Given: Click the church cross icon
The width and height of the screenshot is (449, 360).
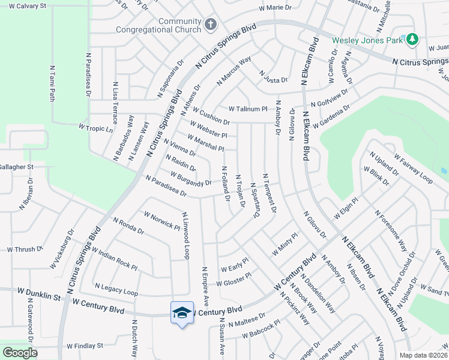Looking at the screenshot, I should pyautogui.click(x=210, y=25).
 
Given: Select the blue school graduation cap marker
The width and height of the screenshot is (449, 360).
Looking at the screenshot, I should pyautogui.click(x=182, y=313).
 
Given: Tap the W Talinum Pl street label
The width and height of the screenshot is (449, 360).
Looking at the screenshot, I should pyautogui.click(x=248, y=109).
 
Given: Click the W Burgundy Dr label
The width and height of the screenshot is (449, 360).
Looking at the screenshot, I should pyautogui.click(x=191, y=178).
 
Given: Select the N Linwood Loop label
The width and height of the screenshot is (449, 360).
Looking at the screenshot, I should pyautogui.click(x=185, y=236).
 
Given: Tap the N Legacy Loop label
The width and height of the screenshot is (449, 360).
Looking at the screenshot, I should pyautogui.click(x=116, y=290).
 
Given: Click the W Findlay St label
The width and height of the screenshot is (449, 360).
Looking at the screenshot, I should pyautogui.click(x=85, y=346).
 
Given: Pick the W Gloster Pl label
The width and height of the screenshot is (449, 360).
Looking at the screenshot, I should pyautogui.click(x=234, y=279).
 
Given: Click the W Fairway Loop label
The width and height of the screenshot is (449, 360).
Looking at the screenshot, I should pyautogui.click(x=414, y=170).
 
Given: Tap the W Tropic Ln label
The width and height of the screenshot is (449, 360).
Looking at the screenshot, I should pyautogui.click(x=96, y=128).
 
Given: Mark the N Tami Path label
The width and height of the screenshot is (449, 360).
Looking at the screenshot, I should pyautogui.click(x=52, y=84).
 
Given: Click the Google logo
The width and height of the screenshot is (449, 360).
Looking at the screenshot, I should pyautogui.click(x=20, y=353).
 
